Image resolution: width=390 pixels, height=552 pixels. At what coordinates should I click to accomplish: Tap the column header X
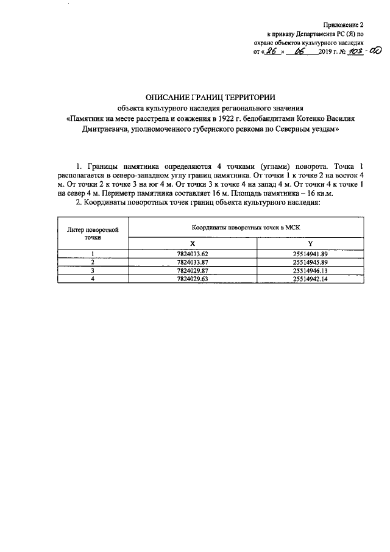tap(193, 243)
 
